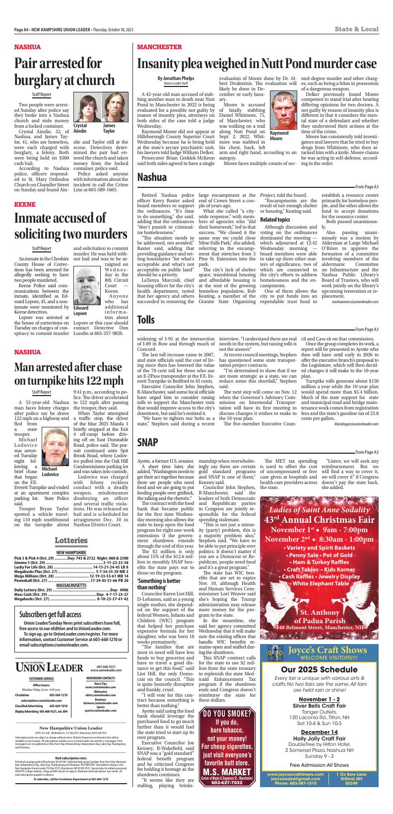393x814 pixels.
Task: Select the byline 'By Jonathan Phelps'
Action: (176, 79)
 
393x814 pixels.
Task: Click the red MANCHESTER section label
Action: (160, 47)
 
